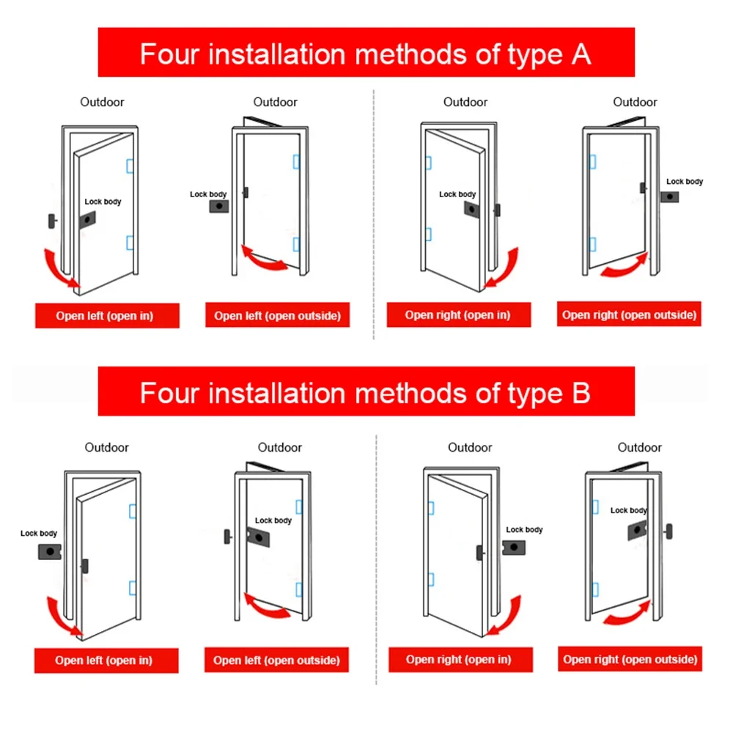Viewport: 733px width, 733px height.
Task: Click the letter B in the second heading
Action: pyautogui.click(x=579, y=393)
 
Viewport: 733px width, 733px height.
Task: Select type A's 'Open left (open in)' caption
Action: pyautogui.click(x=107, y=316)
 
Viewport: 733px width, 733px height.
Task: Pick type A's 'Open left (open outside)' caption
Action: pyautogui.click(x=277, y=316)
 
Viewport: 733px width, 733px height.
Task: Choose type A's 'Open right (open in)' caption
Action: pyautogui.click(x=457, y=315)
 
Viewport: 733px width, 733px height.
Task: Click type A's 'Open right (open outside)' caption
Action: pyautogui.click(x=629, y=315)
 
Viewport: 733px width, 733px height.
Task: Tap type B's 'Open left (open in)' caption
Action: pyautogui.click(x=103, y=660)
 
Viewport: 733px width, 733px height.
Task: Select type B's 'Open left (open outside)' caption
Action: pyautogui.click(x=276, y=660)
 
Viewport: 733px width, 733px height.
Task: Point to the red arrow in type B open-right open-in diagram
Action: pyautogui.click(x=505, y=616)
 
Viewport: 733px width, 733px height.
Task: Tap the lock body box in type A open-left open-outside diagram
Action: pyautogui.click(x=218, y=207)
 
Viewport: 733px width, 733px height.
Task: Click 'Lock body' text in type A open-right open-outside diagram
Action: pyautogui.click(x=685, y=181)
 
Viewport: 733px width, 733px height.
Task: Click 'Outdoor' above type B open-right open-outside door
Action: pyautogui.click(x=639, y=447)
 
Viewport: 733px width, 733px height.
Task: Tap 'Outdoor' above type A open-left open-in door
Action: pyautogui.click(x=102, y=102)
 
